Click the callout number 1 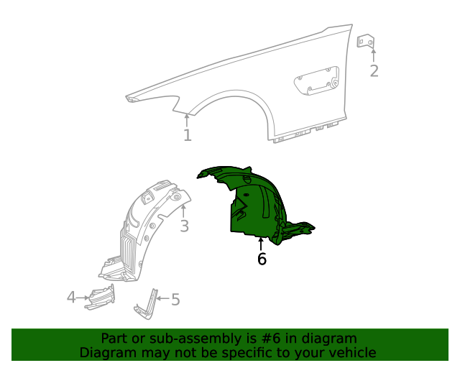(x=187, y=135)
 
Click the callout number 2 (x=374, y=70)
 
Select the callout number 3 (x=184, y=227)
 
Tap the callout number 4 (x=71, y=296)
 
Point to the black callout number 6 (x=262, y=259)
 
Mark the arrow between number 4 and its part (x=82, y=296)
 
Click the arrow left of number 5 (x=164, y=298)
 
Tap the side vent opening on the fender (x=316, y=80)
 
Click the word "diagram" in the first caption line (x=330, y=339)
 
